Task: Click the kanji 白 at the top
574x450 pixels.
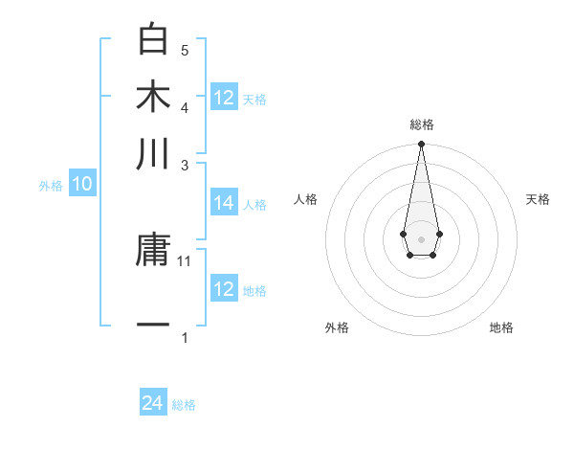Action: (x=153, y=39)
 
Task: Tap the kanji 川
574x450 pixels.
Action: (x=153, y=154)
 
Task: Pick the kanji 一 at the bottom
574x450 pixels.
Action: (x=153, y=326)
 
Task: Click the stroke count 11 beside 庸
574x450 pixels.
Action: (x=185, y=260)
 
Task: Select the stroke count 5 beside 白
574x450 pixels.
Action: (x=185, y=50)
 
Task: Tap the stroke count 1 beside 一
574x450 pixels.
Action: (x=185, y=337)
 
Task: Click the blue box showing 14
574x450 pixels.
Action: (x=224, y=203)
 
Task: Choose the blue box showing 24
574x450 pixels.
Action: (x=153, y=403)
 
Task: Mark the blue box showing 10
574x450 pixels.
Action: (x=82, y=185)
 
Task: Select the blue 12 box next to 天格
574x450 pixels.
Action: (x=224, y=98)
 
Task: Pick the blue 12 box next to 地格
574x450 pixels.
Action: (x=224, y=289)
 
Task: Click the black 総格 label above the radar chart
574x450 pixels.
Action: (x=421, y=124)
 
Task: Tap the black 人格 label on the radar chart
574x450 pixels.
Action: (x=306, y=199)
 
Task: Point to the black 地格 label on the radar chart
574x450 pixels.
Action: (x=501, y=327)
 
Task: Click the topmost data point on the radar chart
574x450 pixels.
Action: (x=421, y=145)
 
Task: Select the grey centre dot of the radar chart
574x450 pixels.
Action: (x=421, y=237)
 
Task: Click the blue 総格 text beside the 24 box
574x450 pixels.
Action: (x=184, y=405)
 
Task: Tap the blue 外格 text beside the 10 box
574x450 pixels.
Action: (x=51, y=187)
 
